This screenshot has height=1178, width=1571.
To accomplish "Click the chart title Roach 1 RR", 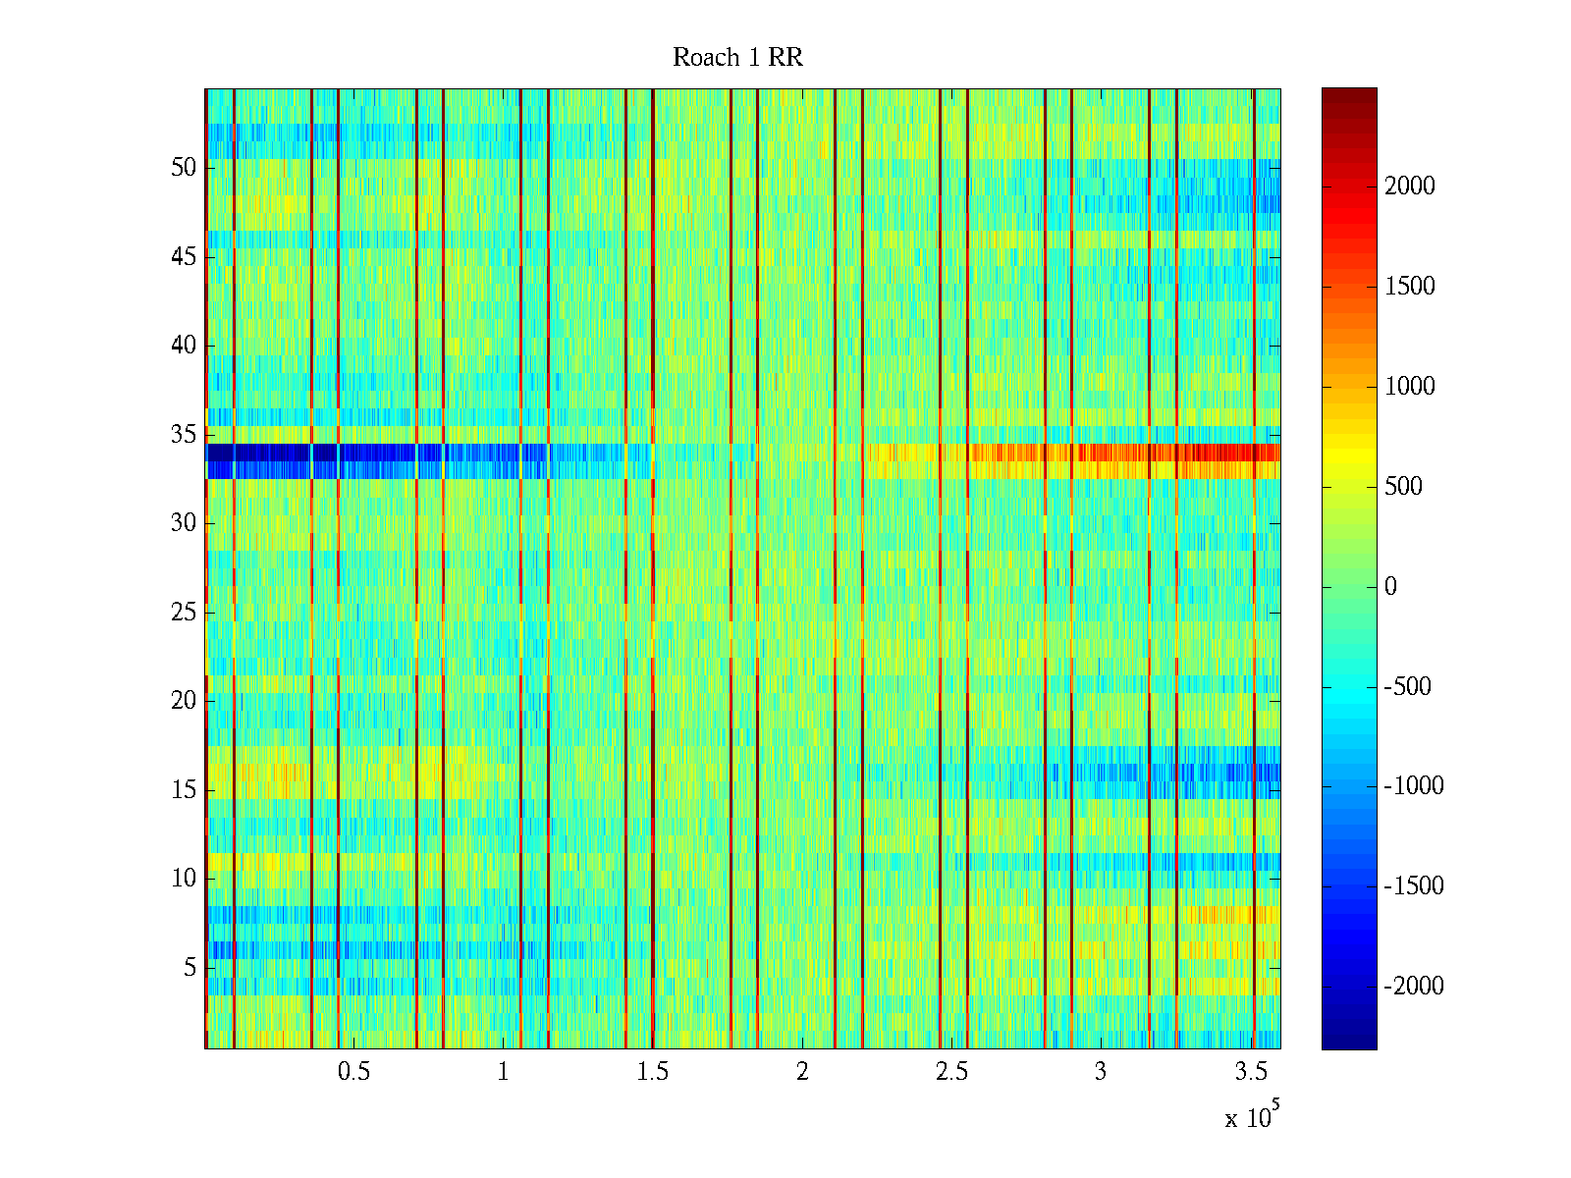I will (737, 58).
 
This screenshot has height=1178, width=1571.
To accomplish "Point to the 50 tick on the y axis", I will (184, 168).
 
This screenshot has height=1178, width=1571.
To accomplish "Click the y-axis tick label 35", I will (184, 435).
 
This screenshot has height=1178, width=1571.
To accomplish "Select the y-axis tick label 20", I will (184, 701).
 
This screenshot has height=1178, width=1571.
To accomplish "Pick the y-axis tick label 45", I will (184, 257).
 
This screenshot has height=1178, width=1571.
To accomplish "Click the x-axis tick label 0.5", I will (353, 1072).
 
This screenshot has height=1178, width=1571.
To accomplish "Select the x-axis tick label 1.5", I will (652, 1072).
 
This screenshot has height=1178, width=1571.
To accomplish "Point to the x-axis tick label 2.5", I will (951, 1072).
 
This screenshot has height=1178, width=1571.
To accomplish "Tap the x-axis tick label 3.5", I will (1250, 1072).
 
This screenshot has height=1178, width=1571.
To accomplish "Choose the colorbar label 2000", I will (1410, 187).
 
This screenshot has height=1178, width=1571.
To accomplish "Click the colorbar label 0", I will (1390, 587).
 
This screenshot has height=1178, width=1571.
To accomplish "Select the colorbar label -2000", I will (1414, 987).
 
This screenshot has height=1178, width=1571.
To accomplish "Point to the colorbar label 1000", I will (1410, 387).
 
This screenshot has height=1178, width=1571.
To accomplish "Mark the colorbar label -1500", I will (1414, 886).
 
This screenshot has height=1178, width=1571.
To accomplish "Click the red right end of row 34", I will (1237, 453).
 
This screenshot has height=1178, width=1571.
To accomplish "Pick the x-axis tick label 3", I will (1101, 1072).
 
